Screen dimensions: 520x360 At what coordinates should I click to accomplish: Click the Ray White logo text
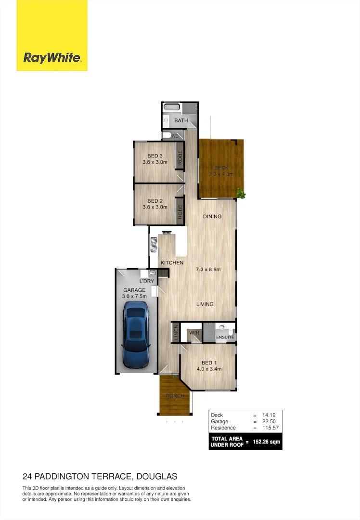pyautogui.click(x=52, y=58)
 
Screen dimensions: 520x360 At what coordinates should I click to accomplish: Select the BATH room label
pyautogui.click(x=181, y=120)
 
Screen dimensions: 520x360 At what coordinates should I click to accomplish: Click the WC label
pyautogui.click(x=175, y=136)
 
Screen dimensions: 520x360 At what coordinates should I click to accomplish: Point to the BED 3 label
pyautogui.click(x=154, y=156)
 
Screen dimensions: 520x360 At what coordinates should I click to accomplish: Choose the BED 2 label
pyautogui.click(x=154, y=201)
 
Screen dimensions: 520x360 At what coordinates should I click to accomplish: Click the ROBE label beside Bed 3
pyautogui.click(x=180, y=158)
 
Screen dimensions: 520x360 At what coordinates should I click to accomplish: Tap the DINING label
pyautogui.click(x=212, y=217)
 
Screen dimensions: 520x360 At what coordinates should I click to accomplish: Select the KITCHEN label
pyautogui.click(x=172, y=263)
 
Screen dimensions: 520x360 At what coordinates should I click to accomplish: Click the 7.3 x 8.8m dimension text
pyautogui.click(x=208, y=269)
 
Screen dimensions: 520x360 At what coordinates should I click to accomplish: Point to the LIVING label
pyautogui.click(x=205, y=304)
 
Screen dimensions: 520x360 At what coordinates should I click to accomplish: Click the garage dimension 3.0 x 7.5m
pyautogui.click(x=134, y=297)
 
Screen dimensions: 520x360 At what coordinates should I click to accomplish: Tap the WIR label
pyautogui.click(x=194, y=333)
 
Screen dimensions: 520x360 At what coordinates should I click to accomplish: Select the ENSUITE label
pyautogui.click(x=225, y=338)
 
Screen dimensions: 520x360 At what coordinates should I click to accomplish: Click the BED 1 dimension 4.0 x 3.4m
pyautogui.click(x=208, y=369)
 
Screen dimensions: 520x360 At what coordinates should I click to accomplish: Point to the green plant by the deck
pyautogui.click(x=241, y=194)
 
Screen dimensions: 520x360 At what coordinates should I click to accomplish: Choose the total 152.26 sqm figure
pyautogui.click(x=268, y=442)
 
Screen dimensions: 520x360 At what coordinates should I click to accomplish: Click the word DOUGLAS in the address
pyautogui.click(x=157, y=477)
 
